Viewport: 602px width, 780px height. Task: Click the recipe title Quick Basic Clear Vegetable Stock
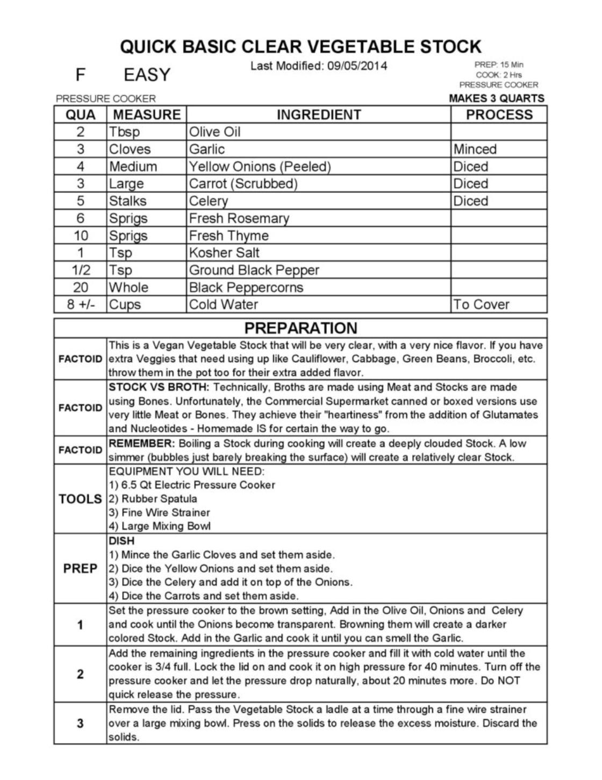coord(300,46)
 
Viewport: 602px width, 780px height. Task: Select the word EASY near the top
coord(147,75)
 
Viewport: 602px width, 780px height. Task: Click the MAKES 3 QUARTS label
coord(496,98)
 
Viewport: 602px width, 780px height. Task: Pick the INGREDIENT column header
coord(319,115)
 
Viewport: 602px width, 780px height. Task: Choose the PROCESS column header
coord(499,115)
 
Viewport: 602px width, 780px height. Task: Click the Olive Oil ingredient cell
coord(214,132)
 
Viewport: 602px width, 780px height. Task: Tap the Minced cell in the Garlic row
coord(475,149)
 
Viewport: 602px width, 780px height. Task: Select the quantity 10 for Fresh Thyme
coord(81,235)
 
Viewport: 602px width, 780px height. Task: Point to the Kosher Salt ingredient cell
coord(224,253)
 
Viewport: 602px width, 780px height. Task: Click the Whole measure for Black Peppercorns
coord(128,287)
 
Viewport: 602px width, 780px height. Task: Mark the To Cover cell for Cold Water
coord(481,304)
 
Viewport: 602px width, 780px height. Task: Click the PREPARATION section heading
coord(300,328)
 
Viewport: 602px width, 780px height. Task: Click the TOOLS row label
coord(80,499)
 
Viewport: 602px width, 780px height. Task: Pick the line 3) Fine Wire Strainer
coord(159,512)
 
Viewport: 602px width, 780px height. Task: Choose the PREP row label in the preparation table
coord(80,568)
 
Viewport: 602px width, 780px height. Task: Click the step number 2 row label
coord(80,674)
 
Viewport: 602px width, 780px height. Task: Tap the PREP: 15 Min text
coord(498,65)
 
